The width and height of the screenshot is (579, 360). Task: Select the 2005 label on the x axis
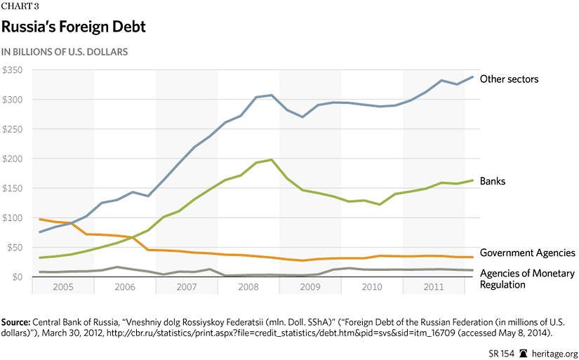62,287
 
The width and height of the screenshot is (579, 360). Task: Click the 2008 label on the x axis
248,287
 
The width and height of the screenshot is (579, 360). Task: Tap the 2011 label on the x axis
434,287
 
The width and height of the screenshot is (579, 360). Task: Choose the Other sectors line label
509,79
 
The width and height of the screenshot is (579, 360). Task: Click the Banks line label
493,181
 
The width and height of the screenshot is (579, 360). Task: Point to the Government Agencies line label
527,253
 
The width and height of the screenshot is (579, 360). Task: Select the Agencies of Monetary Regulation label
527,279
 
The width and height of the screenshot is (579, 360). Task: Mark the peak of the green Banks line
272,159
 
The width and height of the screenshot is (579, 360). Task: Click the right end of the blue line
472,76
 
